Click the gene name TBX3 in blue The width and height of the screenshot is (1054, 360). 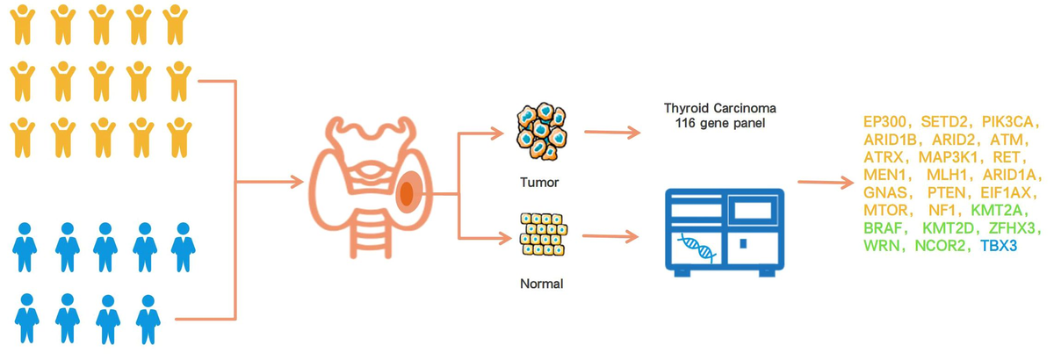point(999,247)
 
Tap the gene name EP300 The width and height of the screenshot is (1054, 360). point(885,120)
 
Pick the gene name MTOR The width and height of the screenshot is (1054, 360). point(886,210)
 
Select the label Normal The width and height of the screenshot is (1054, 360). point(540,284)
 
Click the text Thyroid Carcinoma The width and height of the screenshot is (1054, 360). point(720,108)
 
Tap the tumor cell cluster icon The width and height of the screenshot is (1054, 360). point(539,133)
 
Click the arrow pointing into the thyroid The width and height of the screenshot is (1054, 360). point(272,183)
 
